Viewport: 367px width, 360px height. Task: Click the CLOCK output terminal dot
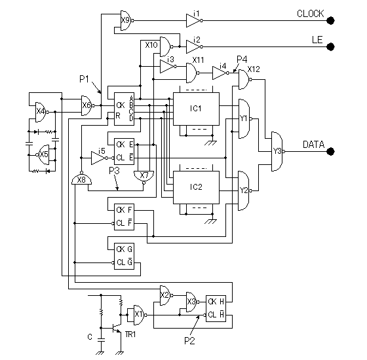click(330, 21)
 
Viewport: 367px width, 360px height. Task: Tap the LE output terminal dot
click(330, 46)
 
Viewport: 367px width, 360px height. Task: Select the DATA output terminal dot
click(330, 151)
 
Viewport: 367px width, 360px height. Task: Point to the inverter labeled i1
click(194, 21)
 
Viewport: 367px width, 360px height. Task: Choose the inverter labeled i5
click(99, 158)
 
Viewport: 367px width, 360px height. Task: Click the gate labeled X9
click(126, 20)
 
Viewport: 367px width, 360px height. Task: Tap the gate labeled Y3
click(278, 151)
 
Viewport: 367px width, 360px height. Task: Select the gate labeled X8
click(81, 179)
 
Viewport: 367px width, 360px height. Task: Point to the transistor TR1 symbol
click(117, 328)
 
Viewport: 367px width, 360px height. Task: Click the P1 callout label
click(85, 79)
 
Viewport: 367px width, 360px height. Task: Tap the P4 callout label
click(242, 60)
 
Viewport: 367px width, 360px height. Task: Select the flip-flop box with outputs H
click(216, 308)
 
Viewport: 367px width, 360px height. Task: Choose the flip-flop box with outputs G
click(124, 256)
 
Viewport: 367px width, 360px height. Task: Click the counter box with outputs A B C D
click(124, 109)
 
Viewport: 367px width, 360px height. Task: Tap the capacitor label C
click(90, 337)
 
